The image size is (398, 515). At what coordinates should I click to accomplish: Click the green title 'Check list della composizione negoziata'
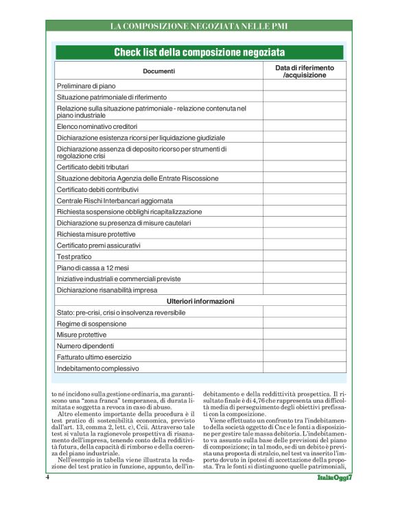pyautogui.click(x=199, y=53)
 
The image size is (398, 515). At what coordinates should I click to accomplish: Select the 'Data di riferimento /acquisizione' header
pyautogui.click(x=304, y=71)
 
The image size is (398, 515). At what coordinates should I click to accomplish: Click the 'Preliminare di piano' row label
pyautogui.click(x=86, y=86)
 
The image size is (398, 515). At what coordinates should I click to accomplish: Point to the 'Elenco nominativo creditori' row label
pyautogui.click(x=97, y=126)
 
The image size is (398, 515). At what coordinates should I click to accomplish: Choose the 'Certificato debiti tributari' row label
pyautogui.click(x=93, y=167)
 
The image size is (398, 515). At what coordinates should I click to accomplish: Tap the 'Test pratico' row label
pyautogui.click(x=74, y=256)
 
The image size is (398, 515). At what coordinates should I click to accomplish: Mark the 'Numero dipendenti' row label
pyautogui.click(x=85, y=346)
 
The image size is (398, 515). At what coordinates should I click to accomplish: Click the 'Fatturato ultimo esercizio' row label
pyautogui.click(x=95, y=357)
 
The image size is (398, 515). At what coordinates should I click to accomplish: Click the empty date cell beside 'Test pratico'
pyautogui.click(x=304, y=256)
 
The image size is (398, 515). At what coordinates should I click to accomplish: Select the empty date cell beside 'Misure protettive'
pyautogui.click(x=304, y=335)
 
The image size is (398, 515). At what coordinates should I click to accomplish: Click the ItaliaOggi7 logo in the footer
pyautogui.click(x=334, y=496)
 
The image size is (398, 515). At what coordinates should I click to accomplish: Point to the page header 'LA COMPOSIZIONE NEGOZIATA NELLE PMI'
pyautogui.click(x=199, y=26)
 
